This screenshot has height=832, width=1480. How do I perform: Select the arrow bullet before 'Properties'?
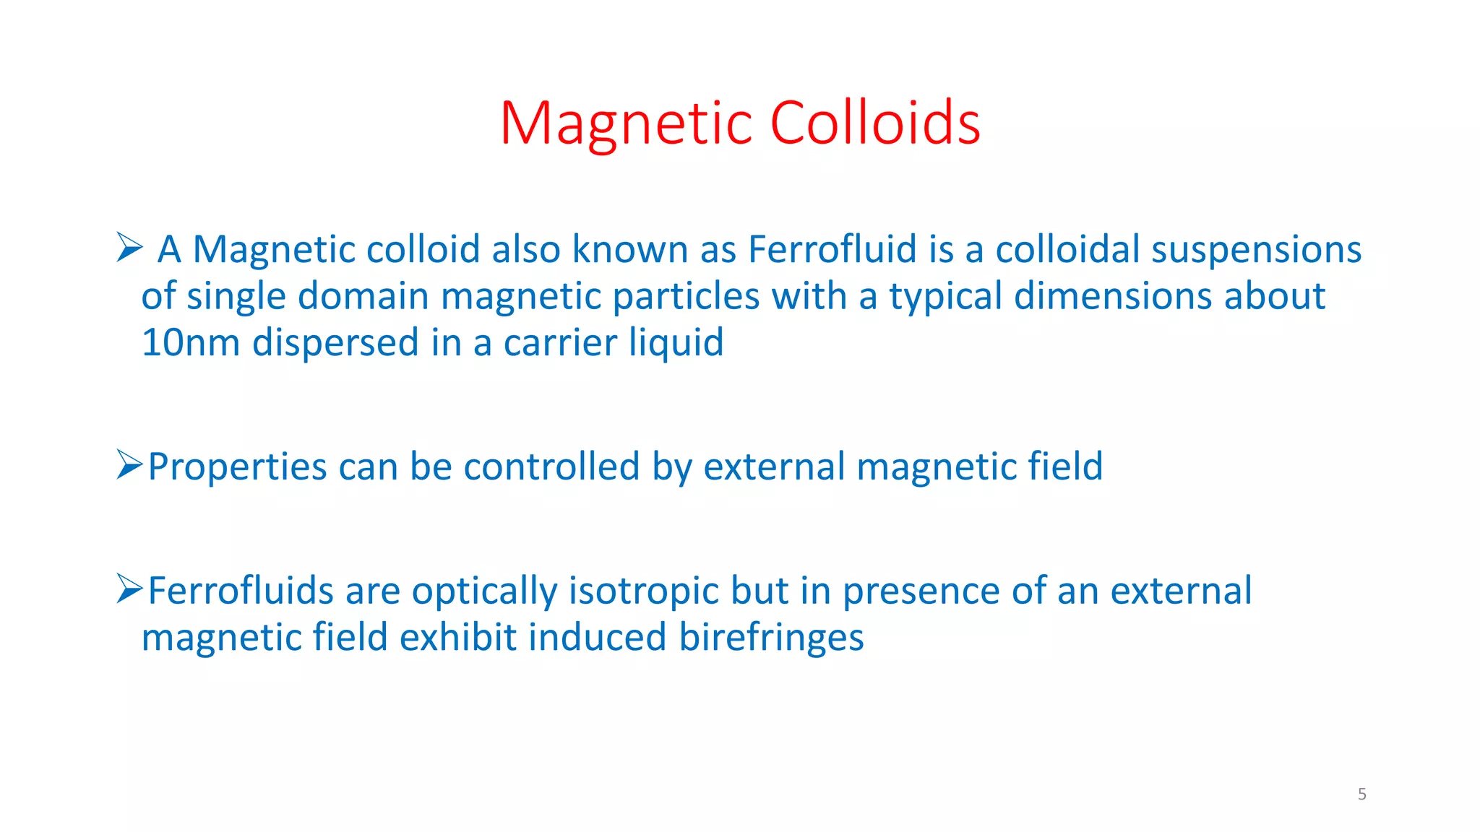pyautogui.click(x=129, y=464)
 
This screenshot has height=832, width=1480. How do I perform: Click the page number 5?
pyautogui.click(x=1361, y=794)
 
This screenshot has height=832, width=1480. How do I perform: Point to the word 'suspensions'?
pyautogui.click(x=1256, y=250)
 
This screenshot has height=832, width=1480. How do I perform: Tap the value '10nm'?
pyautogui.click(x=190, y=342)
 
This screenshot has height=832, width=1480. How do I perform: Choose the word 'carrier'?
pyautogui.click(x=560, y=342)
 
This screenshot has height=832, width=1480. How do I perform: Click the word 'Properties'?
pyautogui.click(x=237, y=468)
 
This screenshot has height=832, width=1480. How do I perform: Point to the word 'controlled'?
pyautogui.click(x=551, y=467)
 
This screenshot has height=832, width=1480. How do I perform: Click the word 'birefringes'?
pyautogui.click(x=771, y=638)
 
